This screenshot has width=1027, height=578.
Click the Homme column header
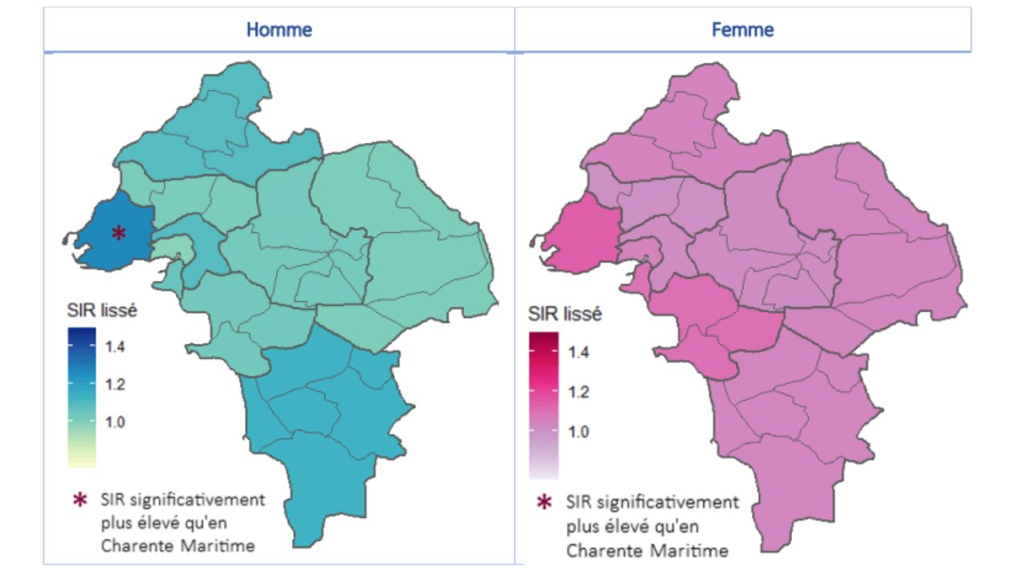pos(278,31)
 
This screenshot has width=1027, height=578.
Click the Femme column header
pos(742,31)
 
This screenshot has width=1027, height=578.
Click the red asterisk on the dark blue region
pos(118,233)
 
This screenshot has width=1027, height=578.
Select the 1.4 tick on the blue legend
pos(116,347)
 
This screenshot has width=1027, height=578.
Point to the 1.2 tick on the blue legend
pos(116,385)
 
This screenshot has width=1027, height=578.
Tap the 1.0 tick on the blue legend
pos(116,422)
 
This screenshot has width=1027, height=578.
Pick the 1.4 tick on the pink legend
pos(579,352)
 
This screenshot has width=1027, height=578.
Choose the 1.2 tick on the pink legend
pos(579,392)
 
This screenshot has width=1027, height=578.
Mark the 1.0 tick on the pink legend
pos(579,431)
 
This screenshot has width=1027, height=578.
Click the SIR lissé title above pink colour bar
pos(565,314)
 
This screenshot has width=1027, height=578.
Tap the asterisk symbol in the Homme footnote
pos(79,499)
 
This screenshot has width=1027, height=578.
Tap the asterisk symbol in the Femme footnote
pos(544,503)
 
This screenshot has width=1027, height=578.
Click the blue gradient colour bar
pos(81,397)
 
